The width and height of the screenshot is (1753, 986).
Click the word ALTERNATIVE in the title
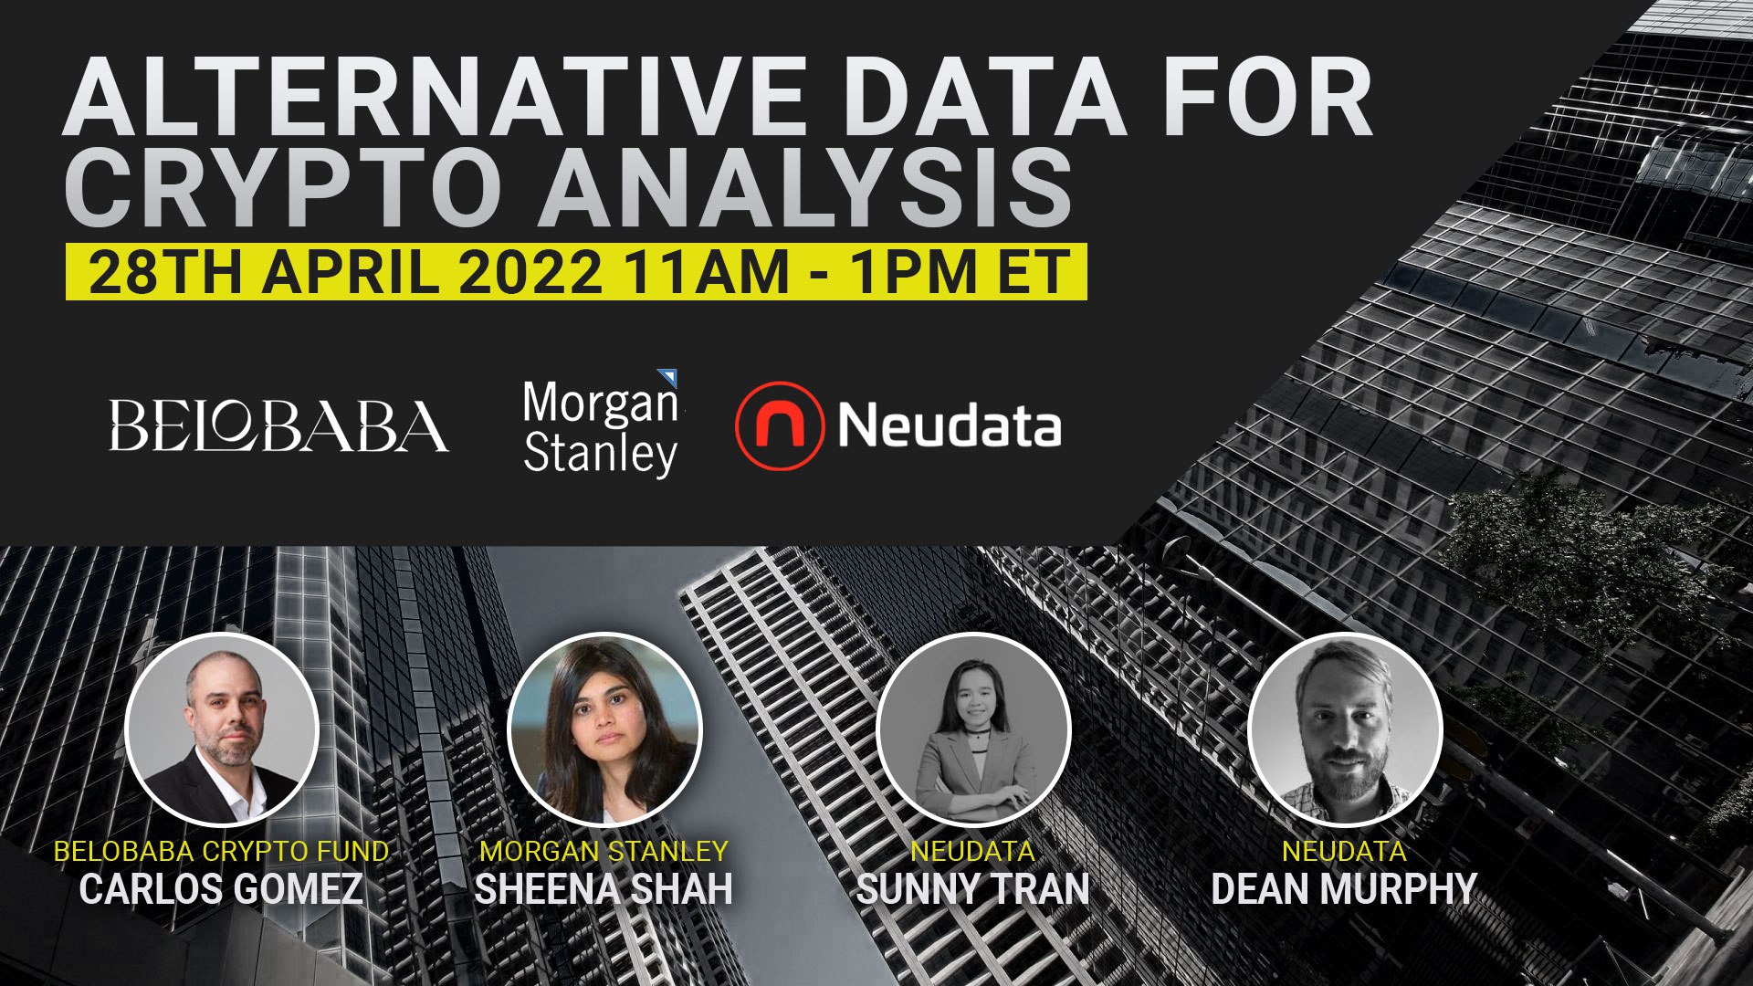[x=434, y=96]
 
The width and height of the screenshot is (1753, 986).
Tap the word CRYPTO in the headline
[x=278, y=187]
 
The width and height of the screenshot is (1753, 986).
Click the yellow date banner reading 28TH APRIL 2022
[x=576, y=271]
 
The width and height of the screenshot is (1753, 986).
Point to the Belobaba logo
[x=278, y=425]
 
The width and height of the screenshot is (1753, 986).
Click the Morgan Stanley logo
[x=601, y=425]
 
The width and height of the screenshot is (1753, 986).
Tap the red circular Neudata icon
[x=779, y=425]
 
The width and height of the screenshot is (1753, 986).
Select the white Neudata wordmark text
[x=949, y=425]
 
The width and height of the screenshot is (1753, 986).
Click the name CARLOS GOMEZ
[x=221, y=889]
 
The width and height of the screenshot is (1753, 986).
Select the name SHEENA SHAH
[x=604, y=889]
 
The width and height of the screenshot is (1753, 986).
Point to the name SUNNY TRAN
[x=973, y=889]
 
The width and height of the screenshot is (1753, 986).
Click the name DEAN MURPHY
[x=1344, y=889]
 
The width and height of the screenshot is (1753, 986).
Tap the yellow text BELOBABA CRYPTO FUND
[x=221, y=851]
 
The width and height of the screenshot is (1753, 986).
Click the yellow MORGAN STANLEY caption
[x=604, y=851]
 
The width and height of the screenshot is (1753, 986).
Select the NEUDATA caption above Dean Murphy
[x=1344, y=851]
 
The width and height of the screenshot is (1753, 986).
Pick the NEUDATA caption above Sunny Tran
[x=973, y=851]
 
